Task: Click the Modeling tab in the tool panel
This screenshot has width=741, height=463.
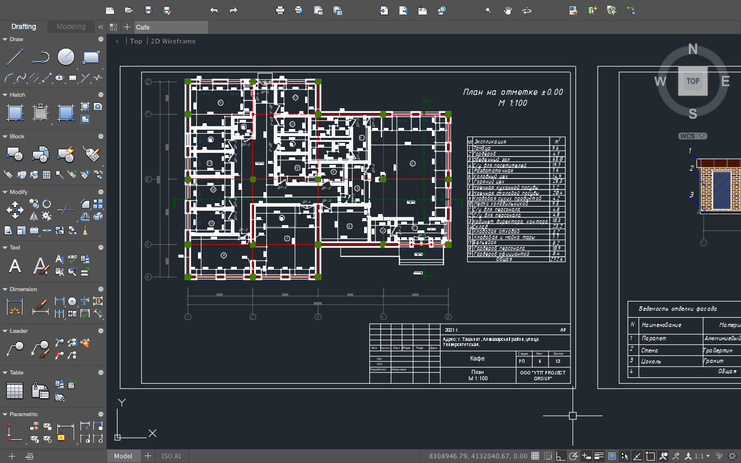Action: (71, 27)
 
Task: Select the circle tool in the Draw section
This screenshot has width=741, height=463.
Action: (65, 57)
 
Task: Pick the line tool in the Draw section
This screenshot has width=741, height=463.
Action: (14, 57)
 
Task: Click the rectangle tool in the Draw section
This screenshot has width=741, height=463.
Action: (91, 57)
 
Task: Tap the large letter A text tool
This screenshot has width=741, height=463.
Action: (15, 266)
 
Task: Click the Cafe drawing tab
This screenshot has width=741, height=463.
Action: (143, 27)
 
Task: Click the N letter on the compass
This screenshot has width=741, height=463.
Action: (692, 50)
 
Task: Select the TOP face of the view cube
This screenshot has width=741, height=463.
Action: (692, 81)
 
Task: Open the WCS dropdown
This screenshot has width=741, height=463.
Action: (692, 136)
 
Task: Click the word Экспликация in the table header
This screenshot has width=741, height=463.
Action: (490, 141)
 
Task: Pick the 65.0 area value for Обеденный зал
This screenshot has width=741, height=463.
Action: (557, 159)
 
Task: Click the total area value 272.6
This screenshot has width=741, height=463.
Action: (557, 259)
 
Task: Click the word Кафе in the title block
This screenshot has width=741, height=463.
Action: (477, 358)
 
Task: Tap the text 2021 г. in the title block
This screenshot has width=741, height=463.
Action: (452, 330)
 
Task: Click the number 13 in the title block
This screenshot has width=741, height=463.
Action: (558, 361)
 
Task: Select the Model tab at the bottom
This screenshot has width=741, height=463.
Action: (123, 456)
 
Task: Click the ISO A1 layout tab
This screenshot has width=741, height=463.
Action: (171, 456)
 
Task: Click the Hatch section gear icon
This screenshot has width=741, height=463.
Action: (100, 95)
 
